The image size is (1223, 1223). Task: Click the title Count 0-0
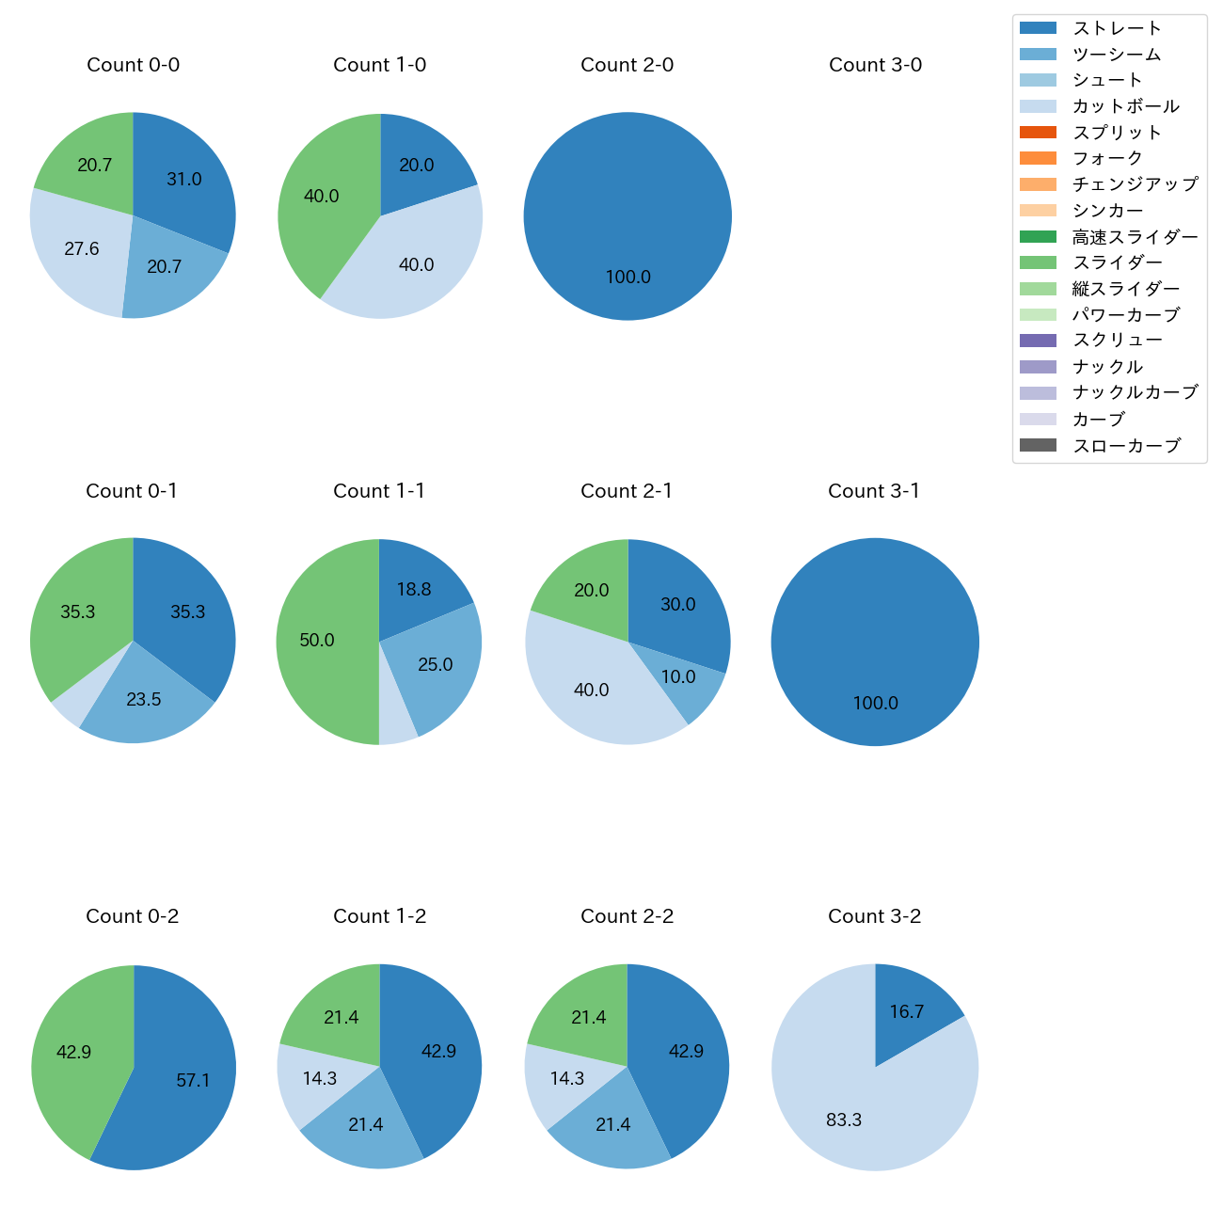(x=133, y=65)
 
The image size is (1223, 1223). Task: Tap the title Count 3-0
(x=875, y=65)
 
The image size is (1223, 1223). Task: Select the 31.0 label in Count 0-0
(x=184, y=179)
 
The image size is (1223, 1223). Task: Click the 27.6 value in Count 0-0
(x=82, y=249)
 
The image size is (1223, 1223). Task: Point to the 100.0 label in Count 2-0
(x=627, y=278)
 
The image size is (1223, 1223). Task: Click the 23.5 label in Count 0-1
(x=144, y=699)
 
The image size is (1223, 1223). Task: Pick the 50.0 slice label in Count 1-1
(x=317, y=641)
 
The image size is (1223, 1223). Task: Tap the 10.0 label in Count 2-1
(x=678, y=677)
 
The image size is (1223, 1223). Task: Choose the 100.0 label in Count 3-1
(x=875, y=704)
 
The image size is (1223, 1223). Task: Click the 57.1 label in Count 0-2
(x=193, y=1081)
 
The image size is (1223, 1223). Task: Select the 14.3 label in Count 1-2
(x=320, y=1078)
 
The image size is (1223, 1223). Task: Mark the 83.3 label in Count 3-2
(x=844, y=1120)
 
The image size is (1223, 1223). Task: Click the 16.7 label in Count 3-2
(x=907, y=1012)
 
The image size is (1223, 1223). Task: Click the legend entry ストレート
(x=1117, y=28)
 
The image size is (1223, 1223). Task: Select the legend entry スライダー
(x=1117, y=262)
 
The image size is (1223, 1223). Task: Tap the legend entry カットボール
(x=1125, y=106)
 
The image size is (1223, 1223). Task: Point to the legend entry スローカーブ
(x=1126, y=446)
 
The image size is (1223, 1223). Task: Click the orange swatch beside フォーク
(x=1038, y=158)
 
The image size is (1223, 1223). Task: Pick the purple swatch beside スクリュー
(x=1038, y=341)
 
